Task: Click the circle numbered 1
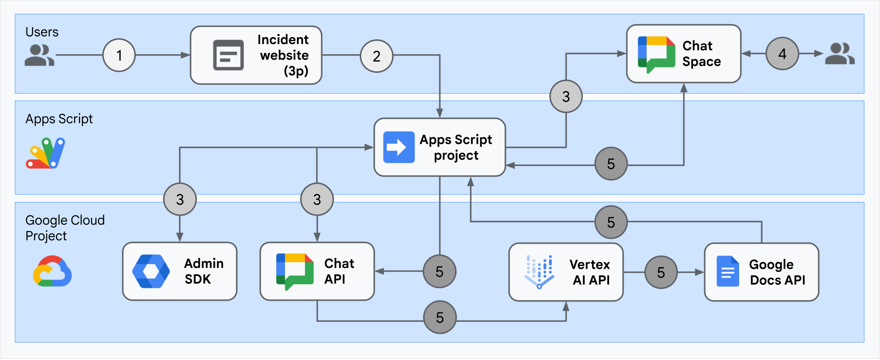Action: pos(119,55)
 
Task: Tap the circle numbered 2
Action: pos(376,56)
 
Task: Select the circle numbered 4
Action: pos(782,54)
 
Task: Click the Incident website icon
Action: pos(228,55)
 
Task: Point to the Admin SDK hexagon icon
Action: pos(151,271)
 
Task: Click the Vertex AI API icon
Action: pos(539,272)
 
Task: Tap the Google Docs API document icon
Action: pos(727,271)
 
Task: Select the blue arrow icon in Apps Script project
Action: pos(399,147)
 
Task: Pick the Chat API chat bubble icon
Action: pos(294,271)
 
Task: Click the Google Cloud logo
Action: pos(52,271)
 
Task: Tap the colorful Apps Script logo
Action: pos(45,153)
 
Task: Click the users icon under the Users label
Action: pos(39,55)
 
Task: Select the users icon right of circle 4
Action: pos(839,54)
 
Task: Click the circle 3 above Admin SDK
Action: pos(180,199)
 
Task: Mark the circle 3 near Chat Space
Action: pos(566,97)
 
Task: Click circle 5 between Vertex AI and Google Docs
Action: pos(661,272)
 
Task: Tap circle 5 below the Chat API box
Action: pos(440,318)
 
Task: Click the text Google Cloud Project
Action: pos(65,228)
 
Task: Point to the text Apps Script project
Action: pos(456,147)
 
